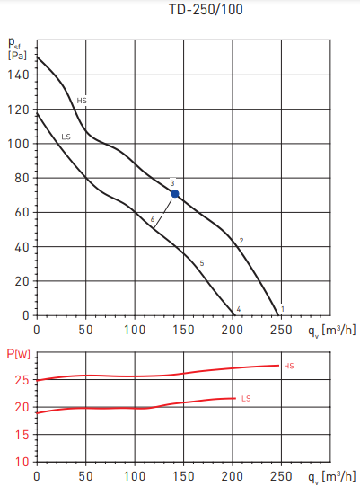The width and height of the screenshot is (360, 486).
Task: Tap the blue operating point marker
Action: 175,193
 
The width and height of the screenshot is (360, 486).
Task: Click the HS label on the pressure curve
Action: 82,101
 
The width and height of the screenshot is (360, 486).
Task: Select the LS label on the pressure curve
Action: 66,137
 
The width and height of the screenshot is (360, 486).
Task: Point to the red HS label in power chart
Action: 288,366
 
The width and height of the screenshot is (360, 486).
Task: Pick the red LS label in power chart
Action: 246,398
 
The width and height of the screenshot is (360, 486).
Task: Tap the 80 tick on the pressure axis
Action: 22,179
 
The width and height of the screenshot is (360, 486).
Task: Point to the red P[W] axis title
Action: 18,353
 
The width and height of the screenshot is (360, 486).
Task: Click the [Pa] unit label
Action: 17,56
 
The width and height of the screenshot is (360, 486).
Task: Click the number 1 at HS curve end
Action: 283,309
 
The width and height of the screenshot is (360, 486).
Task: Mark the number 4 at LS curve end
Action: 238,309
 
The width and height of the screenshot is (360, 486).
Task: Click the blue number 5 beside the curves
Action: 202,262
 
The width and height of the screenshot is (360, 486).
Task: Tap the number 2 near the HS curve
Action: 241,241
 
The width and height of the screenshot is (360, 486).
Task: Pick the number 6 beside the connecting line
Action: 153,219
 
